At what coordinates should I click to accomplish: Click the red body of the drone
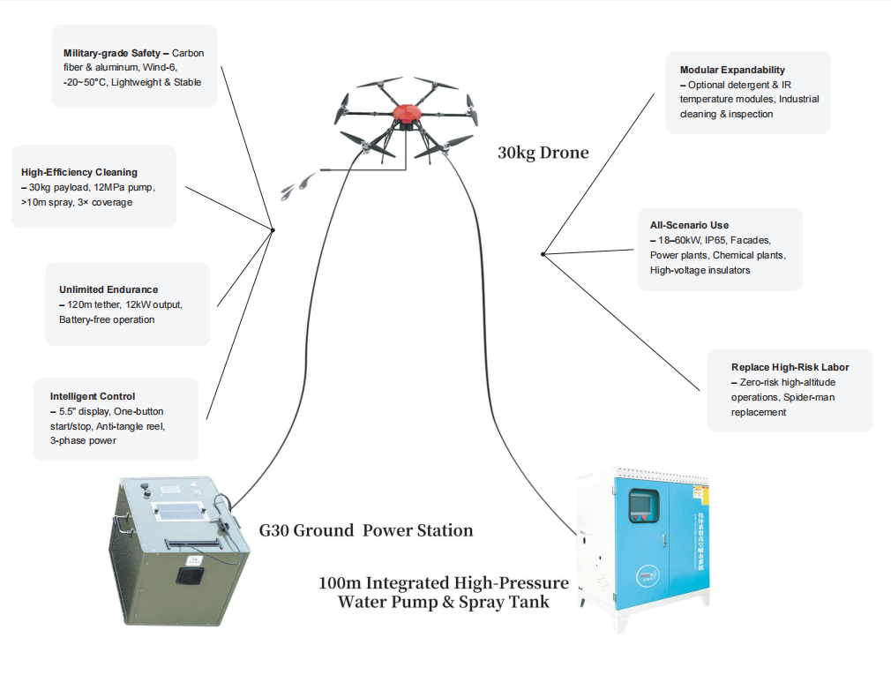tap(407, 114)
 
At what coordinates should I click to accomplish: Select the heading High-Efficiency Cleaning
tap(79, 172)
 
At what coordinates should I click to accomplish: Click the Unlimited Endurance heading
tap(109, 289)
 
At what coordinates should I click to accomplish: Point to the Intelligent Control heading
tap(93, 396)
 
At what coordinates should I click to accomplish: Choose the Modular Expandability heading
tap(732, 70)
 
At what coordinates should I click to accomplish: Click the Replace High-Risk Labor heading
tap(790, 367)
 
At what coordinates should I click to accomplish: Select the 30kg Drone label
tap(543, 153)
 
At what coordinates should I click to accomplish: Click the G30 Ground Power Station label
tap(366, 530)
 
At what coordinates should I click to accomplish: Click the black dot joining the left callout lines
tap(273, 230)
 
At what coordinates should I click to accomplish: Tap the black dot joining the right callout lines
tap(543, 254)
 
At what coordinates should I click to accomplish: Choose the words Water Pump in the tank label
tap(384, 602)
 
